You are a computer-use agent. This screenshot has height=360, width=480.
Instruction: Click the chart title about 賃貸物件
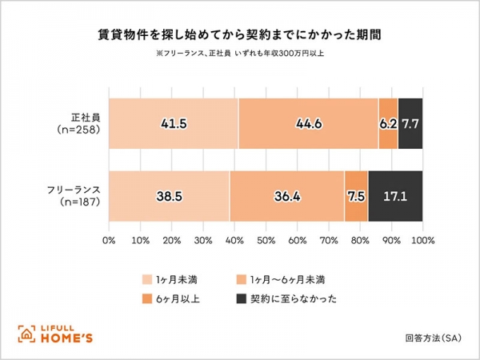click(x=239, y=36)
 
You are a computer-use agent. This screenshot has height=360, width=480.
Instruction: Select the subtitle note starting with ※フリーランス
click(x=239, y=54)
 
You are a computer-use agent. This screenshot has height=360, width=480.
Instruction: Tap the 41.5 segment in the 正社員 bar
click(x=174, y=124)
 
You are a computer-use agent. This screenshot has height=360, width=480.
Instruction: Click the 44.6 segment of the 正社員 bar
click(x=309, y=124)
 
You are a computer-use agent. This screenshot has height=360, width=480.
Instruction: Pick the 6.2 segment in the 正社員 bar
click(x=388, y=124)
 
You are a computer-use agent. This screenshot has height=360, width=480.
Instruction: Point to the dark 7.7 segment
click(x=410, y=124)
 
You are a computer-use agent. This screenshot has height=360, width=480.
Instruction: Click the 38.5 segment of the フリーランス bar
click(x=169, y=196)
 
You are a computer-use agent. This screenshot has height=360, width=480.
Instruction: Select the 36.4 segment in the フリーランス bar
click(x=286, y=196)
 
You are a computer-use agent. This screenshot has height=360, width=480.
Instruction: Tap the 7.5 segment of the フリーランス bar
click(x=356, y=196)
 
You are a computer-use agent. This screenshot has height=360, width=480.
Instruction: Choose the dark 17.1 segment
click(x=395, y=196)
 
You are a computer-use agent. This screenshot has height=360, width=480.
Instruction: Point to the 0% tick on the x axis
click(x=110, y=239)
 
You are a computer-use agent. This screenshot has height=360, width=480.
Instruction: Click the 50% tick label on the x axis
click(x=266, y=239)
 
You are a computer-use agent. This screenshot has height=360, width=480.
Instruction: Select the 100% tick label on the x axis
click(x=422, y=239)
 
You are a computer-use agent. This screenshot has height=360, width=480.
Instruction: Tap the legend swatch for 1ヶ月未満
click(x=147, y=279)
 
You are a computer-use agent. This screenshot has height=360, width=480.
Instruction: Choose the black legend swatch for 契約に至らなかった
click(x=241, y=300)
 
